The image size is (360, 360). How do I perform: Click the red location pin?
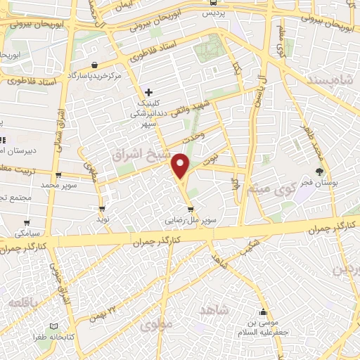point(181,166)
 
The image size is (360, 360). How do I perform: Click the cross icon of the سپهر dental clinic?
point(148,92)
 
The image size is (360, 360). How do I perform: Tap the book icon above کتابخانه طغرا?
point(56,328)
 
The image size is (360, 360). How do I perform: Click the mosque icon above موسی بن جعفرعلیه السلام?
point(264,313)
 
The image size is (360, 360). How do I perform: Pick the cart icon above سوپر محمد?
point(58,176)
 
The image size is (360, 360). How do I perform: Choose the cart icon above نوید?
point(103,209)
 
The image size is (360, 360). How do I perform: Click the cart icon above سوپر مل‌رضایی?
point(191,209)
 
